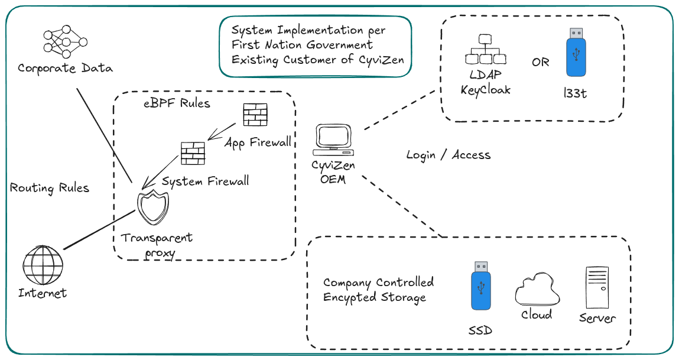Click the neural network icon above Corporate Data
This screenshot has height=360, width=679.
click(x=65, y=42)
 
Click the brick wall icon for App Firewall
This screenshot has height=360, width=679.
click(x=255, y=114)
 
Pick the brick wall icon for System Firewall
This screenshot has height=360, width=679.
click(x=193, y=154)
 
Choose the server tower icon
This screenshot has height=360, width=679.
click(x=596, y=287)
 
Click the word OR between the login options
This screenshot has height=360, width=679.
click(x=540, y=62)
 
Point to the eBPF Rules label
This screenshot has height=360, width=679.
click(x=177, y=104)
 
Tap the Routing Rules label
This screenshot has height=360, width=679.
click(x=50, y=188)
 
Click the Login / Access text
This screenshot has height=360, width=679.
click(x=449, y=155)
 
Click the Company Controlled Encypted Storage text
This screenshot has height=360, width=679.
click(x=378, y=290)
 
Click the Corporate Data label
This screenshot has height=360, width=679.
click(x=65, y=68)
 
